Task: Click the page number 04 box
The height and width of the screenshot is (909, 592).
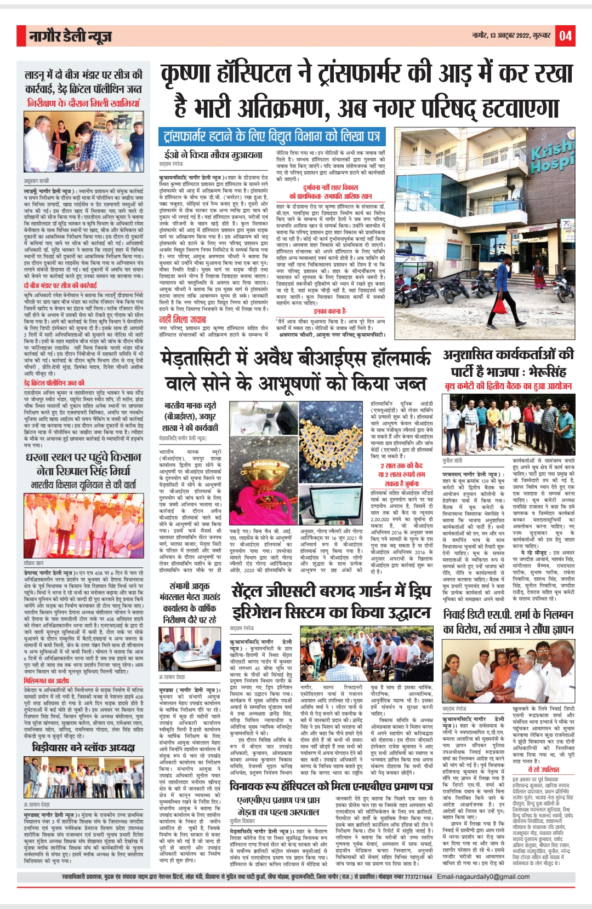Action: [565, 37]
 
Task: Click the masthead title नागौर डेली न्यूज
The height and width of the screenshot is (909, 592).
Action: [71, 37]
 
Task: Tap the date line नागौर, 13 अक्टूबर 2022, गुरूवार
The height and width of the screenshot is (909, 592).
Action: [511, 36]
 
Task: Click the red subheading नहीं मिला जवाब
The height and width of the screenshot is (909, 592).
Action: [182, 319]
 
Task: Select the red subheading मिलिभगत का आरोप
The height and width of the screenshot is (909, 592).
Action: [47, 681]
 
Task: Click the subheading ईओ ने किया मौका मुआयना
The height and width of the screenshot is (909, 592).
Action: [210, 155]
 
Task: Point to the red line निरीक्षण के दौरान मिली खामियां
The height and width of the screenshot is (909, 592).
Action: [83, 103]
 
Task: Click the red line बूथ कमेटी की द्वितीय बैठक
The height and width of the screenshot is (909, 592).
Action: [508, 386]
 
